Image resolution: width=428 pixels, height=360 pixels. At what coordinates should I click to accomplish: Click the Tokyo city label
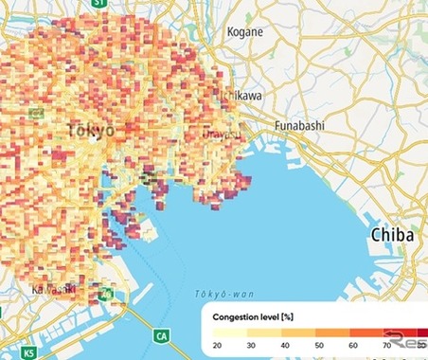pyautogui.click(x=91, y=129)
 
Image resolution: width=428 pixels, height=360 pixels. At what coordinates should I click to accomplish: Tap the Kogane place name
pyautogui.click(x=245, y=32)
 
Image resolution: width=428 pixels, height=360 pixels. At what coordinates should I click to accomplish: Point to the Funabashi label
pyautogui.click(x=299, y=124)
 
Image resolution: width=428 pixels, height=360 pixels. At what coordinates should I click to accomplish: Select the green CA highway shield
pyautogui.click(x=162, y=334)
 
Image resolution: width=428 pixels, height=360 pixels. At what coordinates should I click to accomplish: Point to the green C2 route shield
pyautogui.click(x=35, y=113)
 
